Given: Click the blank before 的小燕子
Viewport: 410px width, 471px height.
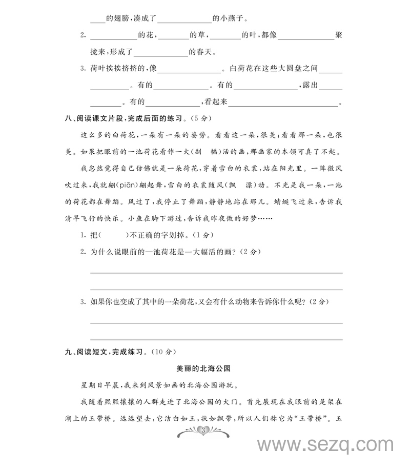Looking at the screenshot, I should point(184,21).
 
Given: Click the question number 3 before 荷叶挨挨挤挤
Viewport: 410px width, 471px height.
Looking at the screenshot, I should point(83,69).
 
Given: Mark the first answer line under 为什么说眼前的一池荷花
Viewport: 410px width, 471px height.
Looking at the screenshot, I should point(216,273).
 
